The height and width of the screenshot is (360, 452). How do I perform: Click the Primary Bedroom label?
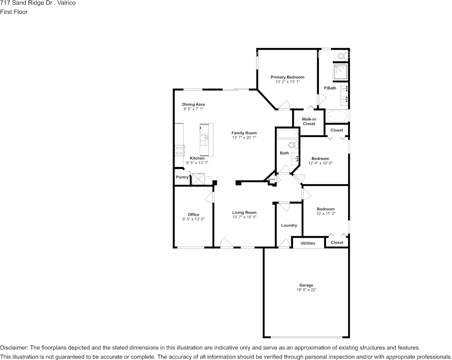(x=287, y=77)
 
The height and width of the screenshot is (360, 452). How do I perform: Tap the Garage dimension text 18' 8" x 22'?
(x=306, y=290)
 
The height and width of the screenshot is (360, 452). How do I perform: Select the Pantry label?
(x=182, y=177)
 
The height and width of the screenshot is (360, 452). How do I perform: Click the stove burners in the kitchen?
(x=179, y=150)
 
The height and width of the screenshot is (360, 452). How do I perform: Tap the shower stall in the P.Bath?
(x=341, y=72)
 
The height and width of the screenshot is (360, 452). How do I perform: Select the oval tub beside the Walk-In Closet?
(x=336, y=116)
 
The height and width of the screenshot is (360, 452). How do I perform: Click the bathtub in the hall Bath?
(x=287, y=134)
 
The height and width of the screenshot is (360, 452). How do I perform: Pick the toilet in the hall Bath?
(x=294, y=145)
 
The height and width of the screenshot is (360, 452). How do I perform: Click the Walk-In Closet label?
(x=309, y=121)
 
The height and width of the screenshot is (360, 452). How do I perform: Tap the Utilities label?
(x=308, y=243)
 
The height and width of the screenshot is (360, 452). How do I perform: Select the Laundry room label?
(x=289, y=225)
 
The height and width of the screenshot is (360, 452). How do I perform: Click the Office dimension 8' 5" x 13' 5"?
(x=193, y=219)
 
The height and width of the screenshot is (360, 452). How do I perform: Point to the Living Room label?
(x=244, y=212)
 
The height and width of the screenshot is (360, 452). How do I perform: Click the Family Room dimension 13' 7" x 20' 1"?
(x=244, y=137)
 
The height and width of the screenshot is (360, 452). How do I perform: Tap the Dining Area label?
(x=193, y=104)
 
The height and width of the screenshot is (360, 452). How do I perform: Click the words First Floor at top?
(x=14, y=12)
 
